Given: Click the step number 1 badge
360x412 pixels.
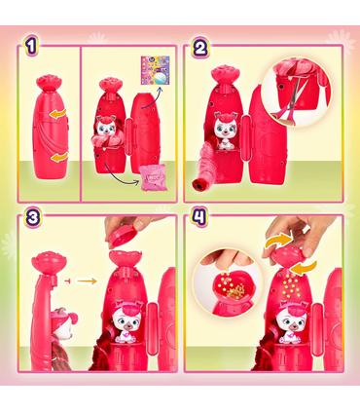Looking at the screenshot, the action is tap(31, 47).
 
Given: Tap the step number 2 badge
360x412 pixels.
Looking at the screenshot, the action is tap(199, 48).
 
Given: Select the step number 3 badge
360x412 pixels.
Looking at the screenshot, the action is tap(33, 217).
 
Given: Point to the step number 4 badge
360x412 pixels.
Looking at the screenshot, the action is tap(199, 216).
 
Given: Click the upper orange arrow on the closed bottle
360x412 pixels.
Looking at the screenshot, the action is tap(59, 114).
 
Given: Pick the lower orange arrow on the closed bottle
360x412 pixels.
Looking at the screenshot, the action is tap(58, 158).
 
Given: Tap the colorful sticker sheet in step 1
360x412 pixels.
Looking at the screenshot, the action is tap(156, 70).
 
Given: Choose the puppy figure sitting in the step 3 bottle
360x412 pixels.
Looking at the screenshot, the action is tap(127, 320).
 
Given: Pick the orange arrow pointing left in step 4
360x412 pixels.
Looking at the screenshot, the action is tap(304, 268).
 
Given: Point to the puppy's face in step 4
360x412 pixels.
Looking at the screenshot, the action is tap(294, 318).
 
